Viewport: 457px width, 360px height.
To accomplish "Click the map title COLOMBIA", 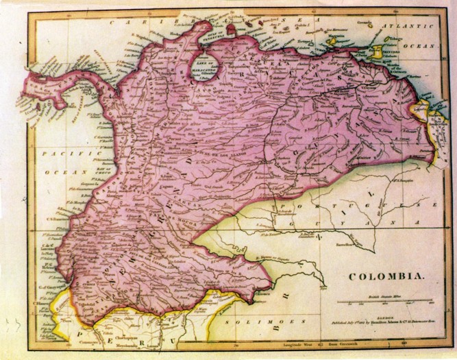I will coord(387,278).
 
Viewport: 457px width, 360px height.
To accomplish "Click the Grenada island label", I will coord(363,22).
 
